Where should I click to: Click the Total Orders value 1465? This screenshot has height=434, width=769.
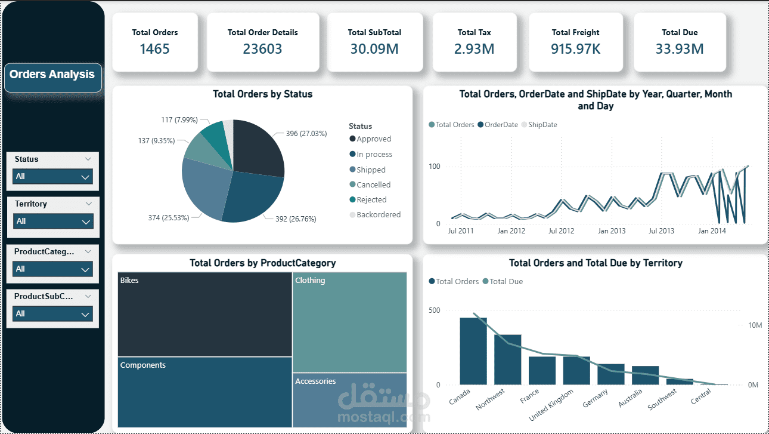154,49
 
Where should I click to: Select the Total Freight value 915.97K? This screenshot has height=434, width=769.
575,49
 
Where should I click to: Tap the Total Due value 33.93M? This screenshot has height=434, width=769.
680,49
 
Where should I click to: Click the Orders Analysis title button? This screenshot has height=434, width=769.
52,75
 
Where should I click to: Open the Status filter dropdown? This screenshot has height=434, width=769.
52,177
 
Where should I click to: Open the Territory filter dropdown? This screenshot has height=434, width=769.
52,221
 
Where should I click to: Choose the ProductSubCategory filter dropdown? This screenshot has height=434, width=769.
52,314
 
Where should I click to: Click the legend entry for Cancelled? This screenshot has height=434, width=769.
373,185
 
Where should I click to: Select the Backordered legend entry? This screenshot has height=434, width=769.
378,215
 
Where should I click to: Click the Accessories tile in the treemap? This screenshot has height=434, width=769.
350,398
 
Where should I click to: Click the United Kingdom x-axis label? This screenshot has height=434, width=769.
552,405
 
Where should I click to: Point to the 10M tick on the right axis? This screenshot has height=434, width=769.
755,325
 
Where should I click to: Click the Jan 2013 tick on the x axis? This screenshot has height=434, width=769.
612,231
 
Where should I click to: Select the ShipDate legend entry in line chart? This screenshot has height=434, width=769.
542,125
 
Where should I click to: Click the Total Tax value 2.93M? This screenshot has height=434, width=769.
474,49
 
